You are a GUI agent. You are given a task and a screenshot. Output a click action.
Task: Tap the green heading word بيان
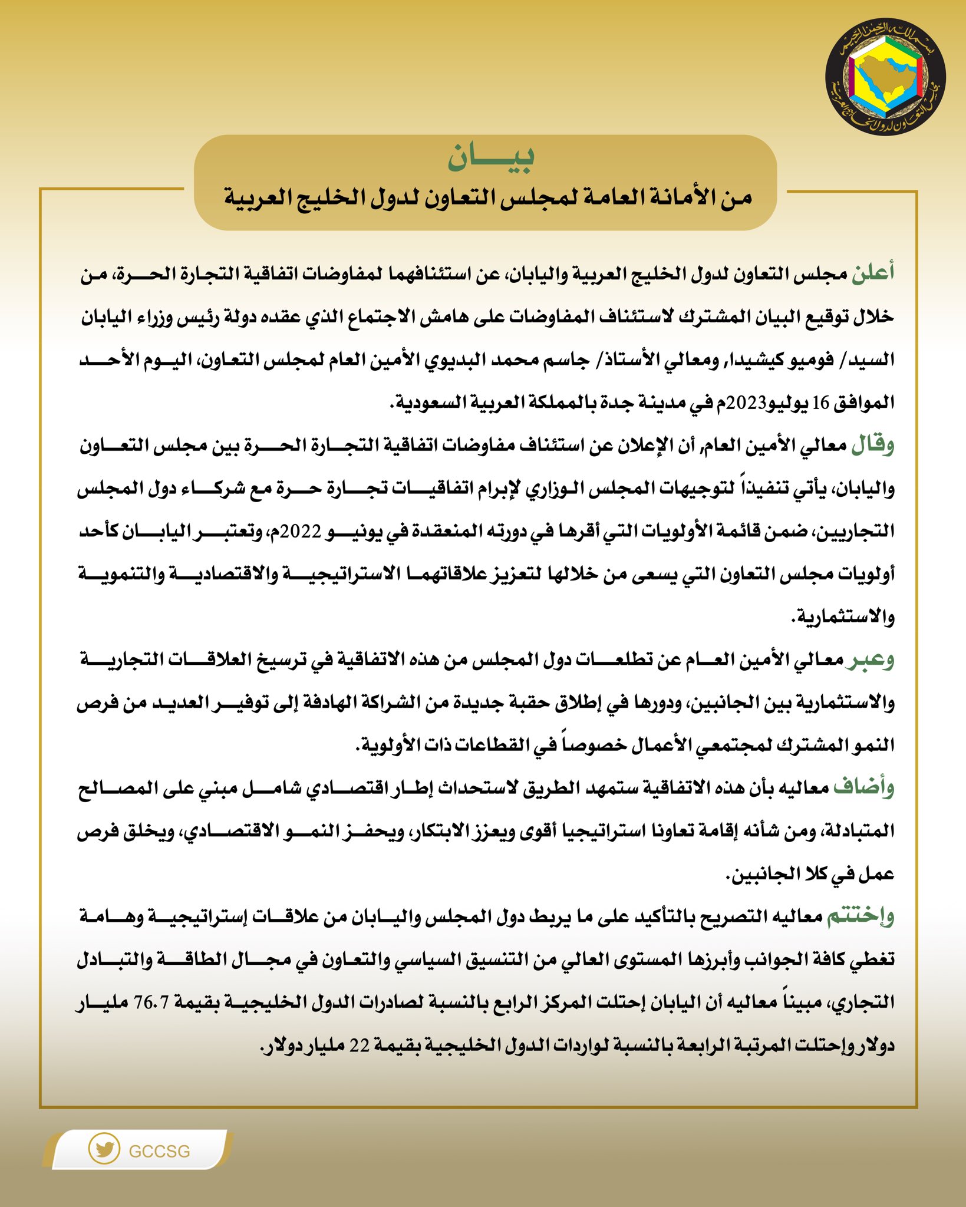point(491,158)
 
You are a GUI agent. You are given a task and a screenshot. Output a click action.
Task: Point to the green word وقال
point(873,445)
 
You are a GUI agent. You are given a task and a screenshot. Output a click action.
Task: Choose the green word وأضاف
point(864,788)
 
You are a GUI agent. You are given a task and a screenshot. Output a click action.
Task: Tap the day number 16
point(820,403)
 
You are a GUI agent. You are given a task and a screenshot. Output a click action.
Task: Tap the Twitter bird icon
point(104,1149)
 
